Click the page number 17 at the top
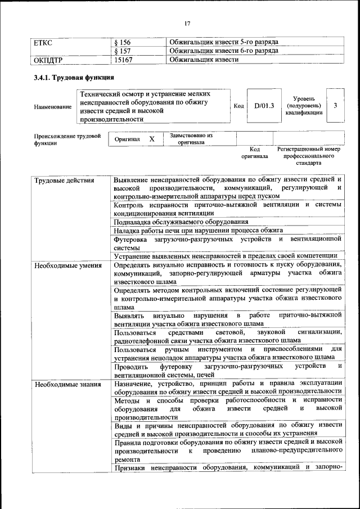point(187,23)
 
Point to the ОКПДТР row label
point(48,59)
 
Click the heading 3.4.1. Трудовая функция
point(74,78)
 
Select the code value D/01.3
point(263,105)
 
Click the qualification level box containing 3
point(335,105)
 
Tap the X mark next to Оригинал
point(151,139)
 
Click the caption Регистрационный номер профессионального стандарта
point(309,156)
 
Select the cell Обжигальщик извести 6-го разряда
point(224,51)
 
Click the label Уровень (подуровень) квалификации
point(303,105)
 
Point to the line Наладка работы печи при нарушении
point(206,231)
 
